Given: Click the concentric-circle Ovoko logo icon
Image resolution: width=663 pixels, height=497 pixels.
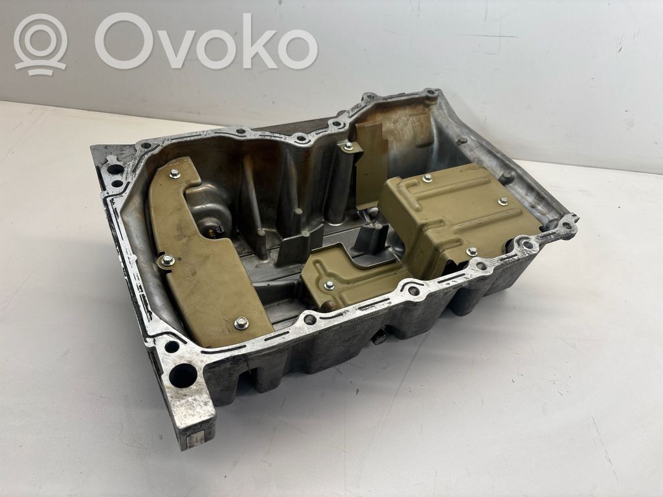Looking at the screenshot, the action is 41,45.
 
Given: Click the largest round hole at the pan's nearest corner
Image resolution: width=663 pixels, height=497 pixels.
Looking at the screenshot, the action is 183,375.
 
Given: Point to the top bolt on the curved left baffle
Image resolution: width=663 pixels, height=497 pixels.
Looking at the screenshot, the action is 174,173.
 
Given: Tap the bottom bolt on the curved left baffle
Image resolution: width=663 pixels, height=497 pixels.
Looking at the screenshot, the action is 241,323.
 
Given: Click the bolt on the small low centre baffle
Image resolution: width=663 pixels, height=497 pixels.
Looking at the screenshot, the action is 329,285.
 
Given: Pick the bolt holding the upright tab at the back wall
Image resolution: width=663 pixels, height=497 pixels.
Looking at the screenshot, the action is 348,147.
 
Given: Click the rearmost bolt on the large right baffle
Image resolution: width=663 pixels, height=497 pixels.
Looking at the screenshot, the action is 427,179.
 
